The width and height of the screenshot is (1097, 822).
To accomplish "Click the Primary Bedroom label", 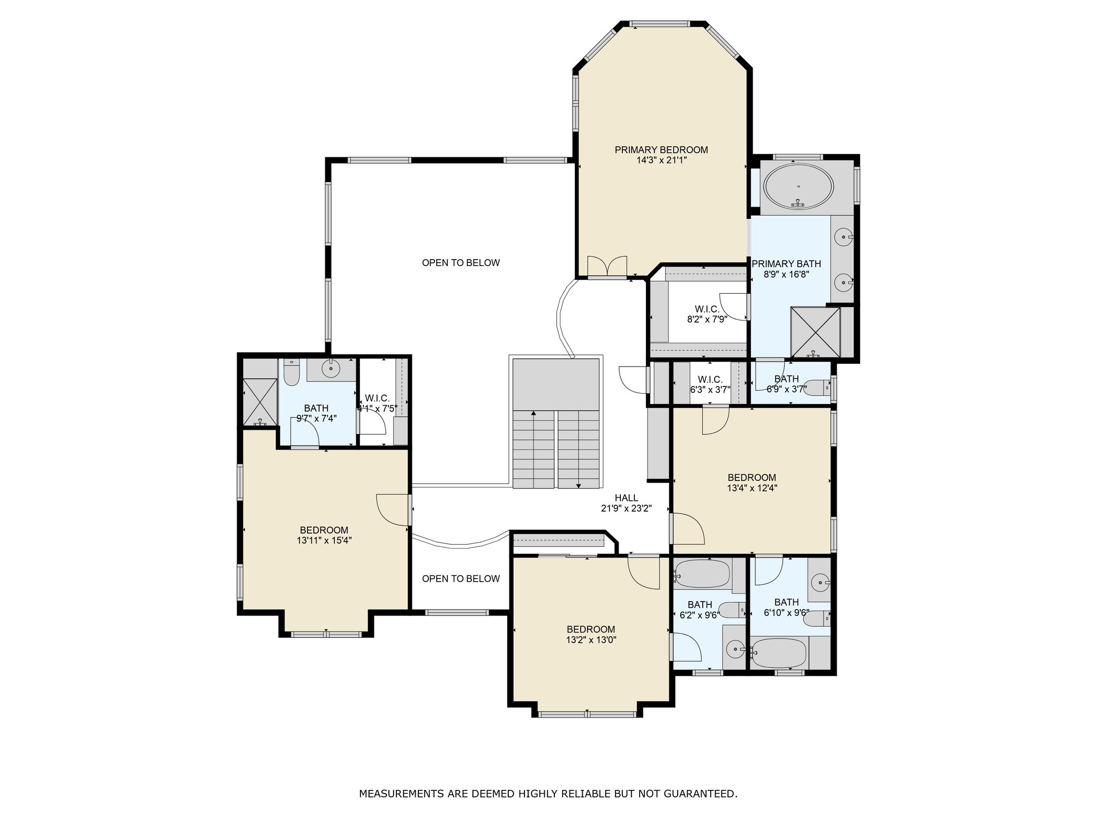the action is pyautogui.click(x=661, y=150).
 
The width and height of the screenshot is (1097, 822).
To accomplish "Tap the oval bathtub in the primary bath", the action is pyautogui.click(x=798, y=186).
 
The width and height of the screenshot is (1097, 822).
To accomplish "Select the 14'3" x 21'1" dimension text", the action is pyautogui.click(x=661, y=160).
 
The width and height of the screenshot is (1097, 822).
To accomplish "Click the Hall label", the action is pyautogui.click(x=626, y=498).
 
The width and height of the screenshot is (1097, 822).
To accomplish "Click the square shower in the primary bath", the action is pyautogui.click(x=815, y=332).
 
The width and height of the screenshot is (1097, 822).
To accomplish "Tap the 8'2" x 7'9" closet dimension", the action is pyautogui.click(x=707, y=319).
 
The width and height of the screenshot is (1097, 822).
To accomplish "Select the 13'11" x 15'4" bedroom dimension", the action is pyautogui.click(x=324, y=541).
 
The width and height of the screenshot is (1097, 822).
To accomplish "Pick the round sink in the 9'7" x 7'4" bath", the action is pyautogui.click(x=332, y=368).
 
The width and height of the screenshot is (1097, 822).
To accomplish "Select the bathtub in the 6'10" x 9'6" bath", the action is pyautogui.click(x=779, y=652).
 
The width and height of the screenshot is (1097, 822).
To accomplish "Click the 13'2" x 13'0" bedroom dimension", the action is pyautogui.click(x=591, y=640).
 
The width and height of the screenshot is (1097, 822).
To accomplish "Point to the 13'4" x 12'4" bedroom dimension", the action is pyautogui.click(x=752, y=488).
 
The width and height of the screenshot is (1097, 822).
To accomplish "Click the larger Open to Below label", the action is pyautogui.click(x=461, y=263).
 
